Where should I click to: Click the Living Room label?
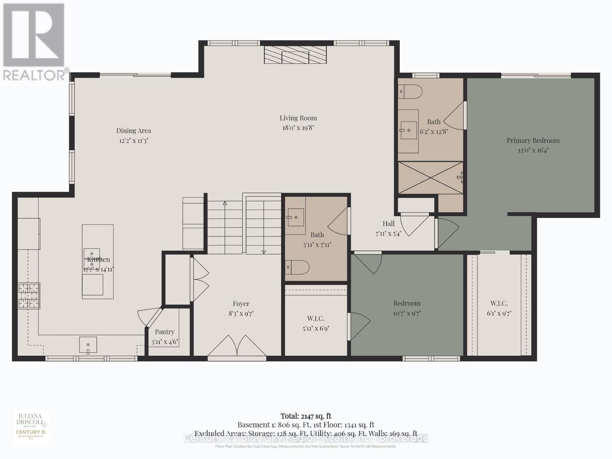[298, 118]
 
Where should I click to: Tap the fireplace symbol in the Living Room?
[295, 55]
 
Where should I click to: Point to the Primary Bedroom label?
[533, 140]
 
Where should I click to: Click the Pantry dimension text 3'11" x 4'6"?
[164, 342]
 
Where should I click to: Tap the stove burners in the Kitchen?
[29, 296]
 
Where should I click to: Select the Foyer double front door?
[237, 346]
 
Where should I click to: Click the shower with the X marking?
[430, 178]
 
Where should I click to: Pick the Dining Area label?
[133, 130]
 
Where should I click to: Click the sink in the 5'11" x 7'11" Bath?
[295, 217]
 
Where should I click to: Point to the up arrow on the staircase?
[225, 203]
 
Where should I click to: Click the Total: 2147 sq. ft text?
[306, 416]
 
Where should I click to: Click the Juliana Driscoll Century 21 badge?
[31, 427]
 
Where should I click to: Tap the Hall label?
[389, 224]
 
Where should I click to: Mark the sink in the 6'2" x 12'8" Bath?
[409, 130]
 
